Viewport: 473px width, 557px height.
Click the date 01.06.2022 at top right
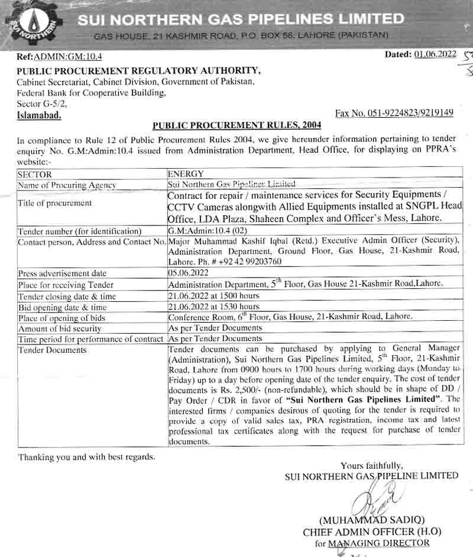tap(436, 54)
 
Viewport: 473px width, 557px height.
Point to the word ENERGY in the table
tap(186, 174)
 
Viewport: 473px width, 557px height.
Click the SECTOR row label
tap(35, 175)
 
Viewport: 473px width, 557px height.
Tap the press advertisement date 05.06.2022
tap(189, 273)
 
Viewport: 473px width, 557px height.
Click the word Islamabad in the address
tap(39, 115)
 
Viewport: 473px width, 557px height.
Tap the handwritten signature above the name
tap(378, 497)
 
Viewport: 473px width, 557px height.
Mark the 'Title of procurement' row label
tap(55, 202)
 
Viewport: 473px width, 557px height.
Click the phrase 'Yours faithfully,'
tap(371, 465)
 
